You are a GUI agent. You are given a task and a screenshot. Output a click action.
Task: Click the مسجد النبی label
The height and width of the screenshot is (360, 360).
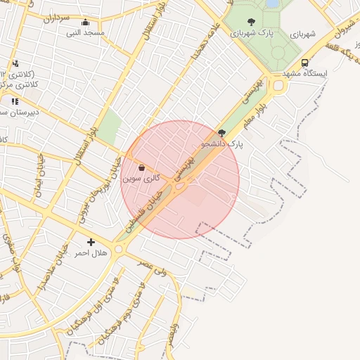click(x=85, y=32)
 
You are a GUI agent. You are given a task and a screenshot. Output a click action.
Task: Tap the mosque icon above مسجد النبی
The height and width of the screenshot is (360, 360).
click(x=86, y=22)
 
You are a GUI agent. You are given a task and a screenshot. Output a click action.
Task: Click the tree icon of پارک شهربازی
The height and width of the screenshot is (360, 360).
click(x=252, y=22)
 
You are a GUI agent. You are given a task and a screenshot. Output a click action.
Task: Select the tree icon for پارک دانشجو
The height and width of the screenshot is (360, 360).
click(x=222, y=133)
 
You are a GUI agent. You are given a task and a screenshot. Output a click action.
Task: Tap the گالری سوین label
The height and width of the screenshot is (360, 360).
click(x=141, y=179)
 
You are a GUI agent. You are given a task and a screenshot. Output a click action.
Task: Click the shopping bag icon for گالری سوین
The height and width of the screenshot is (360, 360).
click(x=143, y=168)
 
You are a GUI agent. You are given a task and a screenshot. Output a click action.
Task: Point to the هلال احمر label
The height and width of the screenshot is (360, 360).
click(x=91, y=252)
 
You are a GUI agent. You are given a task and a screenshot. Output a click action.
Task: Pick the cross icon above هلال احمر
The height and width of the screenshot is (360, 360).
click(x=91, y=242)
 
